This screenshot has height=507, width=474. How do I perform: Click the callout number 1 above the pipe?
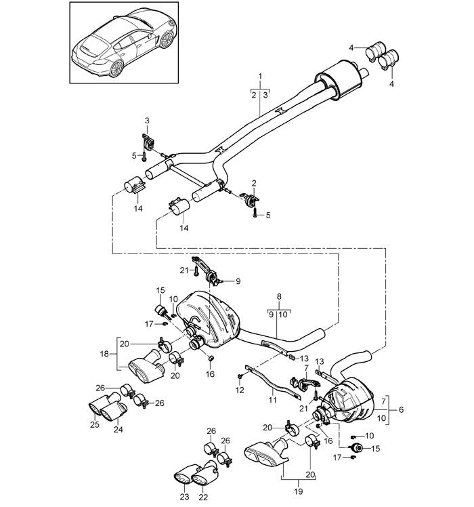(260, 77)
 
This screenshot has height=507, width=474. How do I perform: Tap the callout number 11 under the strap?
(273, 400)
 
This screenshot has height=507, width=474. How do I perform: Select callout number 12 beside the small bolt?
(240, 390)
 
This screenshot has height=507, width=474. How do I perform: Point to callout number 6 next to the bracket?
(401, 409)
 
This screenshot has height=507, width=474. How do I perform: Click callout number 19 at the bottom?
(298, 491)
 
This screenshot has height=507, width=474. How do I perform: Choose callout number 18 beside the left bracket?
(104, 354)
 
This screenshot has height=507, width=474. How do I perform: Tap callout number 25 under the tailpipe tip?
(95, 424)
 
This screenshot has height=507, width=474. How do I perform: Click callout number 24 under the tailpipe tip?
(118, 430)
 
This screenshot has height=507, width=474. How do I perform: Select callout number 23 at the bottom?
(184, 497)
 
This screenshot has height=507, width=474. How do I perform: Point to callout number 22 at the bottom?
(203, 497)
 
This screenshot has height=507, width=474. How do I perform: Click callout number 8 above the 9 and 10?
(279, 296)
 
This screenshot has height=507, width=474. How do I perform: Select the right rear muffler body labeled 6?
(351, 400)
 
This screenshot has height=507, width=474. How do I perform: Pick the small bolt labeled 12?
(240, 376)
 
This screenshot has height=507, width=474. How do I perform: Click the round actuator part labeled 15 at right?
(357, 448)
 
